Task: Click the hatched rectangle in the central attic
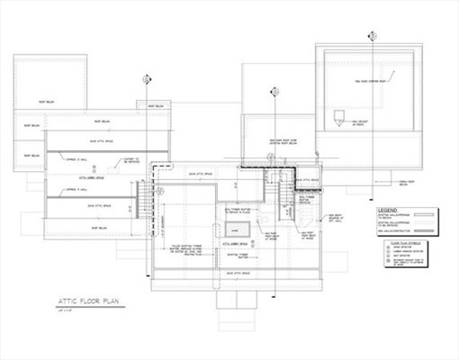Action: [238, 229]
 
